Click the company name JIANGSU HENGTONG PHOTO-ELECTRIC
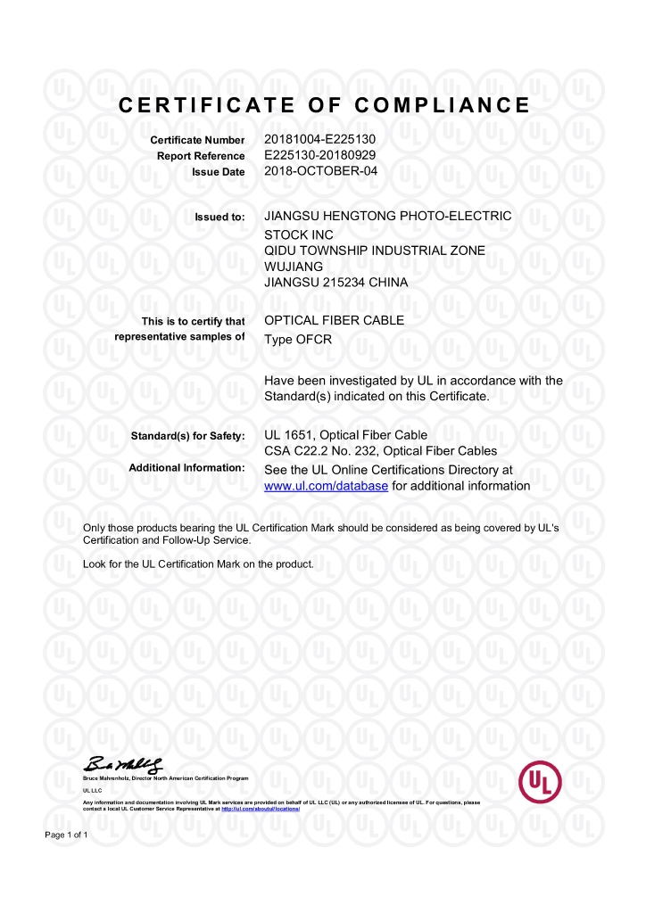pyautogui.click(x=388, y=216)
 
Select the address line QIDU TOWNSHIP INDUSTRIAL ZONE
pyautogui.click(x=375, y=251)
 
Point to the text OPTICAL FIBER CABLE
pyautogui.click(x=335, y=320)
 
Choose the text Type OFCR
pyautogui.click(x=298, y=339)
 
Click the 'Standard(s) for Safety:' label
pyautogui.click(x=187, y=436)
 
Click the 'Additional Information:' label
pyautogui.click(x=186, y=468)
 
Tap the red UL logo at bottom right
pyautogui.click(x=540, y=782)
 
